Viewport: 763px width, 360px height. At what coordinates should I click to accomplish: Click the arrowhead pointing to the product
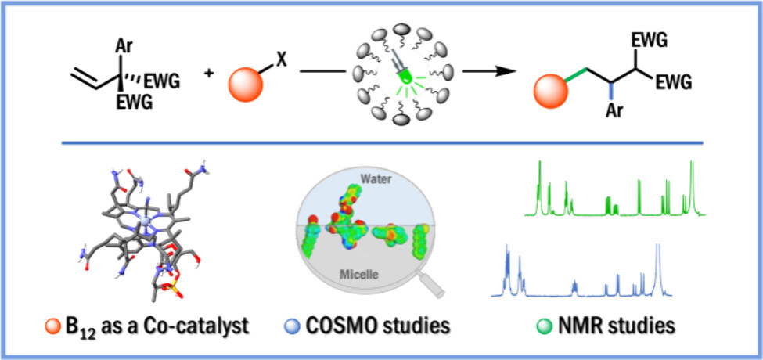(x=498, y=74)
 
